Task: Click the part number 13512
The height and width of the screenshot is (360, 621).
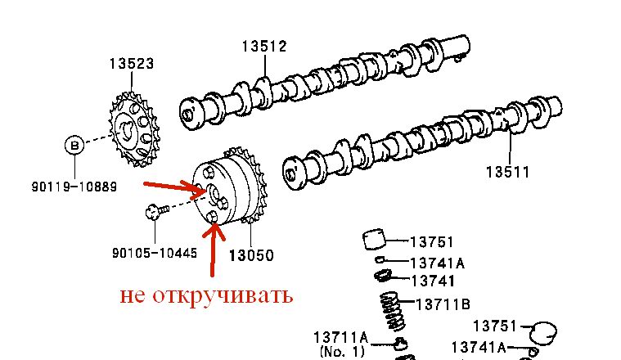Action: coord(264,47)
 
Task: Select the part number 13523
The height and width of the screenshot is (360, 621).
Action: coord(132,63)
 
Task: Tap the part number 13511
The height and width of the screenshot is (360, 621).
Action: coord(508,172)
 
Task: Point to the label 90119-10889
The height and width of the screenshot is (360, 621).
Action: coord(74,187)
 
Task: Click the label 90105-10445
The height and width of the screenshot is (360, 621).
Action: coord(155,253)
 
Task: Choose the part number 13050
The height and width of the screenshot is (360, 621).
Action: coord(251,255)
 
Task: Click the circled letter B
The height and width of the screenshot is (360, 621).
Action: coord(74,146)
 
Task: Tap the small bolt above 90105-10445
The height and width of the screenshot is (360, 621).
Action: coord(157,211)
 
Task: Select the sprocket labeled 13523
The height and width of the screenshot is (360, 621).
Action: coord(134,129)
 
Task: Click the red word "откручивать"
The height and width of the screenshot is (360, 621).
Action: coord(223,296)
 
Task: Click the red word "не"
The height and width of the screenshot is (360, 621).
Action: coord(132,296)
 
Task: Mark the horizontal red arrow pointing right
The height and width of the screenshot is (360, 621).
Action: coord(174,188)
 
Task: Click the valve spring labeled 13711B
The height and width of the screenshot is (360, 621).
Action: coord(393,311)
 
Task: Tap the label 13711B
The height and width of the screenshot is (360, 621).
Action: coord(443,304)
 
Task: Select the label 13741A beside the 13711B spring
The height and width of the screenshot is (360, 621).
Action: coord(437,263)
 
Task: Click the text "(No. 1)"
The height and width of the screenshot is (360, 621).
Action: coord(341,351)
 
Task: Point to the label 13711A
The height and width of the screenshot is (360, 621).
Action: coord(340,338)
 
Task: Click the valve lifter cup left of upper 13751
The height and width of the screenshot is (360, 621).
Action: coord(374,239)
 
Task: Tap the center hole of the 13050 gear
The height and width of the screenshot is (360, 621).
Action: coord(214,193)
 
